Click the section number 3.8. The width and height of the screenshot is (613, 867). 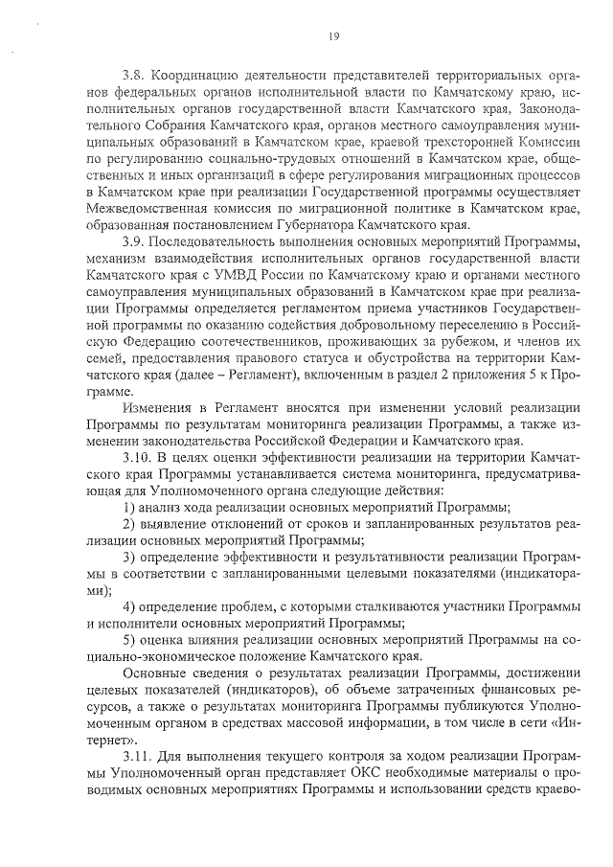pos(133,74)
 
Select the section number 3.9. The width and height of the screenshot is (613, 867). pos(133,239)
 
